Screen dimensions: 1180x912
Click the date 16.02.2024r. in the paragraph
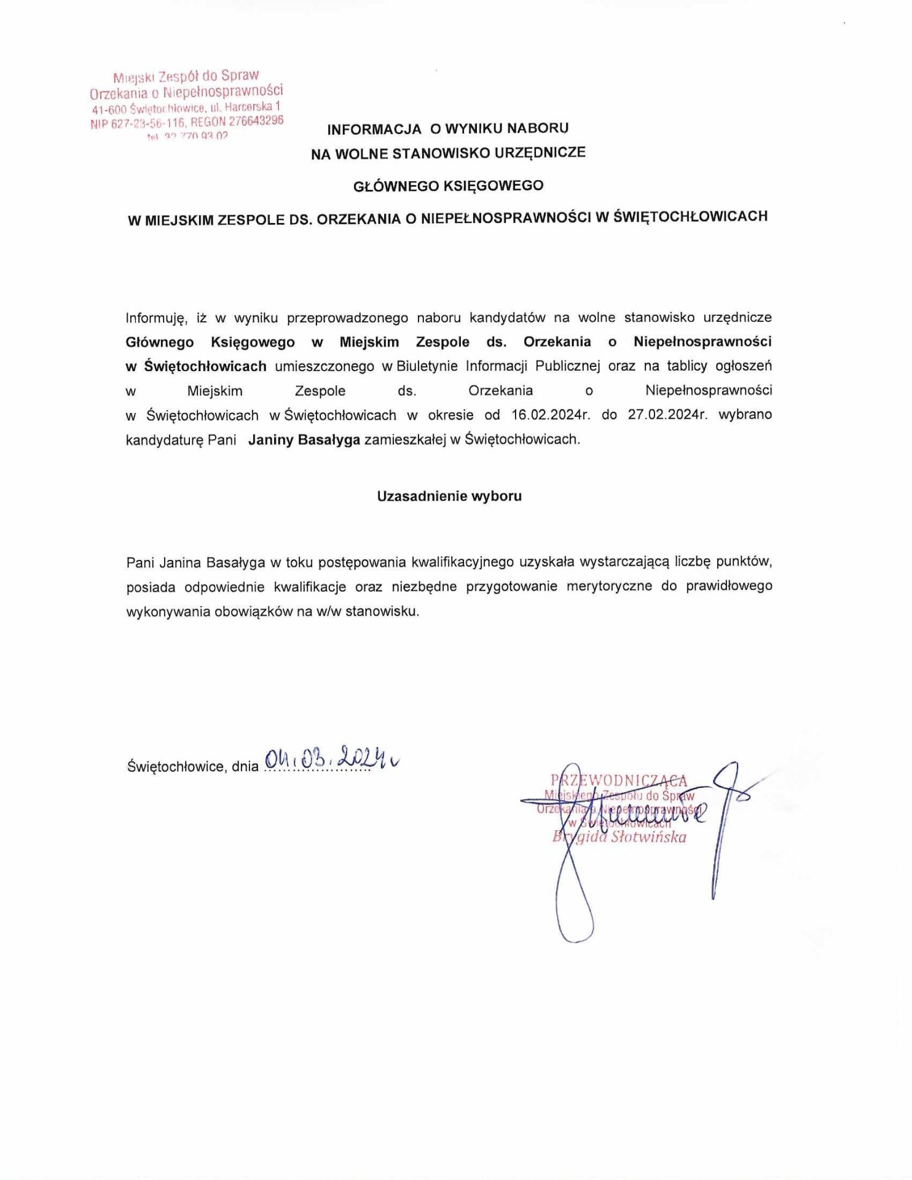[551, 415]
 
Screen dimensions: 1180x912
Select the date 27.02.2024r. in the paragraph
[667, 415]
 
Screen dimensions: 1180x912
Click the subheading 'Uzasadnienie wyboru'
[449, 497]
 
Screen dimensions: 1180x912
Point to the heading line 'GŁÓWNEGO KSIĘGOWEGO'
[449, 186]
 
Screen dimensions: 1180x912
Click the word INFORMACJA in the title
[374, 129]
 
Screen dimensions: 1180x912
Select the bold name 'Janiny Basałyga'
[304, 440]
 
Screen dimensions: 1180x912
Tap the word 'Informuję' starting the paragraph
[155, 318]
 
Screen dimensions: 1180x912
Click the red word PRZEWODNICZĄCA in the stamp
[619, 781]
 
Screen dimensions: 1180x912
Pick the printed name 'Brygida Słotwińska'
[619, 837]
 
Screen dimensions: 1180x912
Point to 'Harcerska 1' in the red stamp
[253, 107]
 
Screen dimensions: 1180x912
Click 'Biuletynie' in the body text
[427, 366]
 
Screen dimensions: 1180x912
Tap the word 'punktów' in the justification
[745, 562]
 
